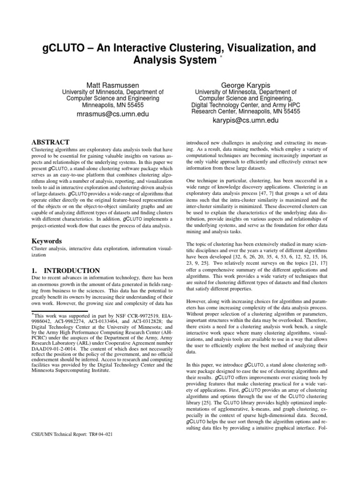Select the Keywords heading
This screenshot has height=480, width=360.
[x=47, y=241]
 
